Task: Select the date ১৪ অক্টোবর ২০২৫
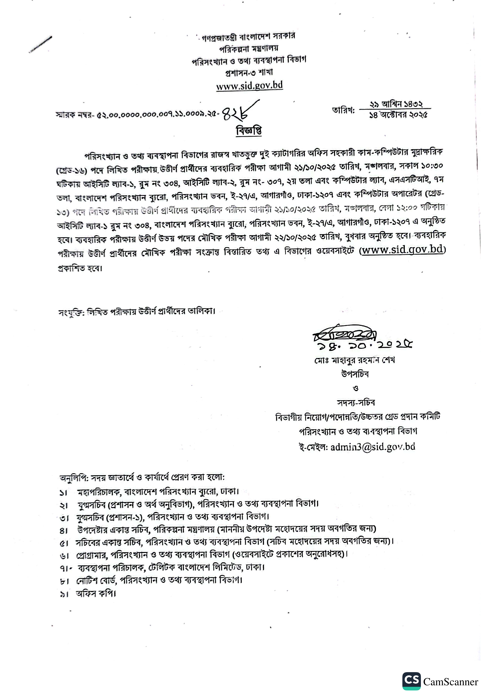click(x=398, y=115)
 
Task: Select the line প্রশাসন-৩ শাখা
click(x=249, y=72)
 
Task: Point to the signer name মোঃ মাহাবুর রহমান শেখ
click(x=354, y=361)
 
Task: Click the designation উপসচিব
click(x=355, y=374)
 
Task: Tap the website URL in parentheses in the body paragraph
click(x=402, y=250)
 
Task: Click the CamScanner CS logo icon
click(x=411, y=681)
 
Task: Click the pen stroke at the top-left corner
click(x=40, y=45)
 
